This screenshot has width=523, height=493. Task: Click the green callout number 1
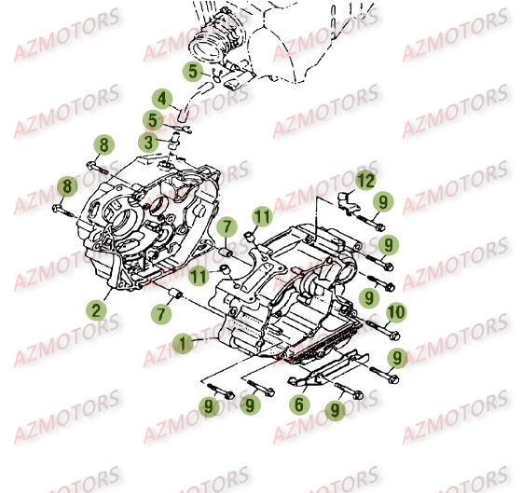click(183, 343)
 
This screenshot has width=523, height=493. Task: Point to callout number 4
click(161, 99)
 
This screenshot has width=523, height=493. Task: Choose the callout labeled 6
click(299, 404)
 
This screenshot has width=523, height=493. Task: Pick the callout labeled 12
click(366, 178)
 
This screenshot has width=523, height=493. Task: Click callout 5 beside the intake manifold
click(192, 70)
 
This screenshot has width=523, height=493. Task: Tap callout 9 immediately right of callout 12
click(382, 201)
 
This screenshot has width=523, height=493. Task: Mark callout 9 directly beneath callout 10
click(395, 357)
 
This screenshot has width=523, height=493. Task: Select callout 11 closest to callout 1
click(198, 275)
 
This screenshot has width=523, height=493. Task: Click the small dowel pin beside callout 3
click(174, 141)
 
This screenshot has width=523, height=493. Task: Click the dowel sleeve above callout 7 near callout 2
click(174, 296)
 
